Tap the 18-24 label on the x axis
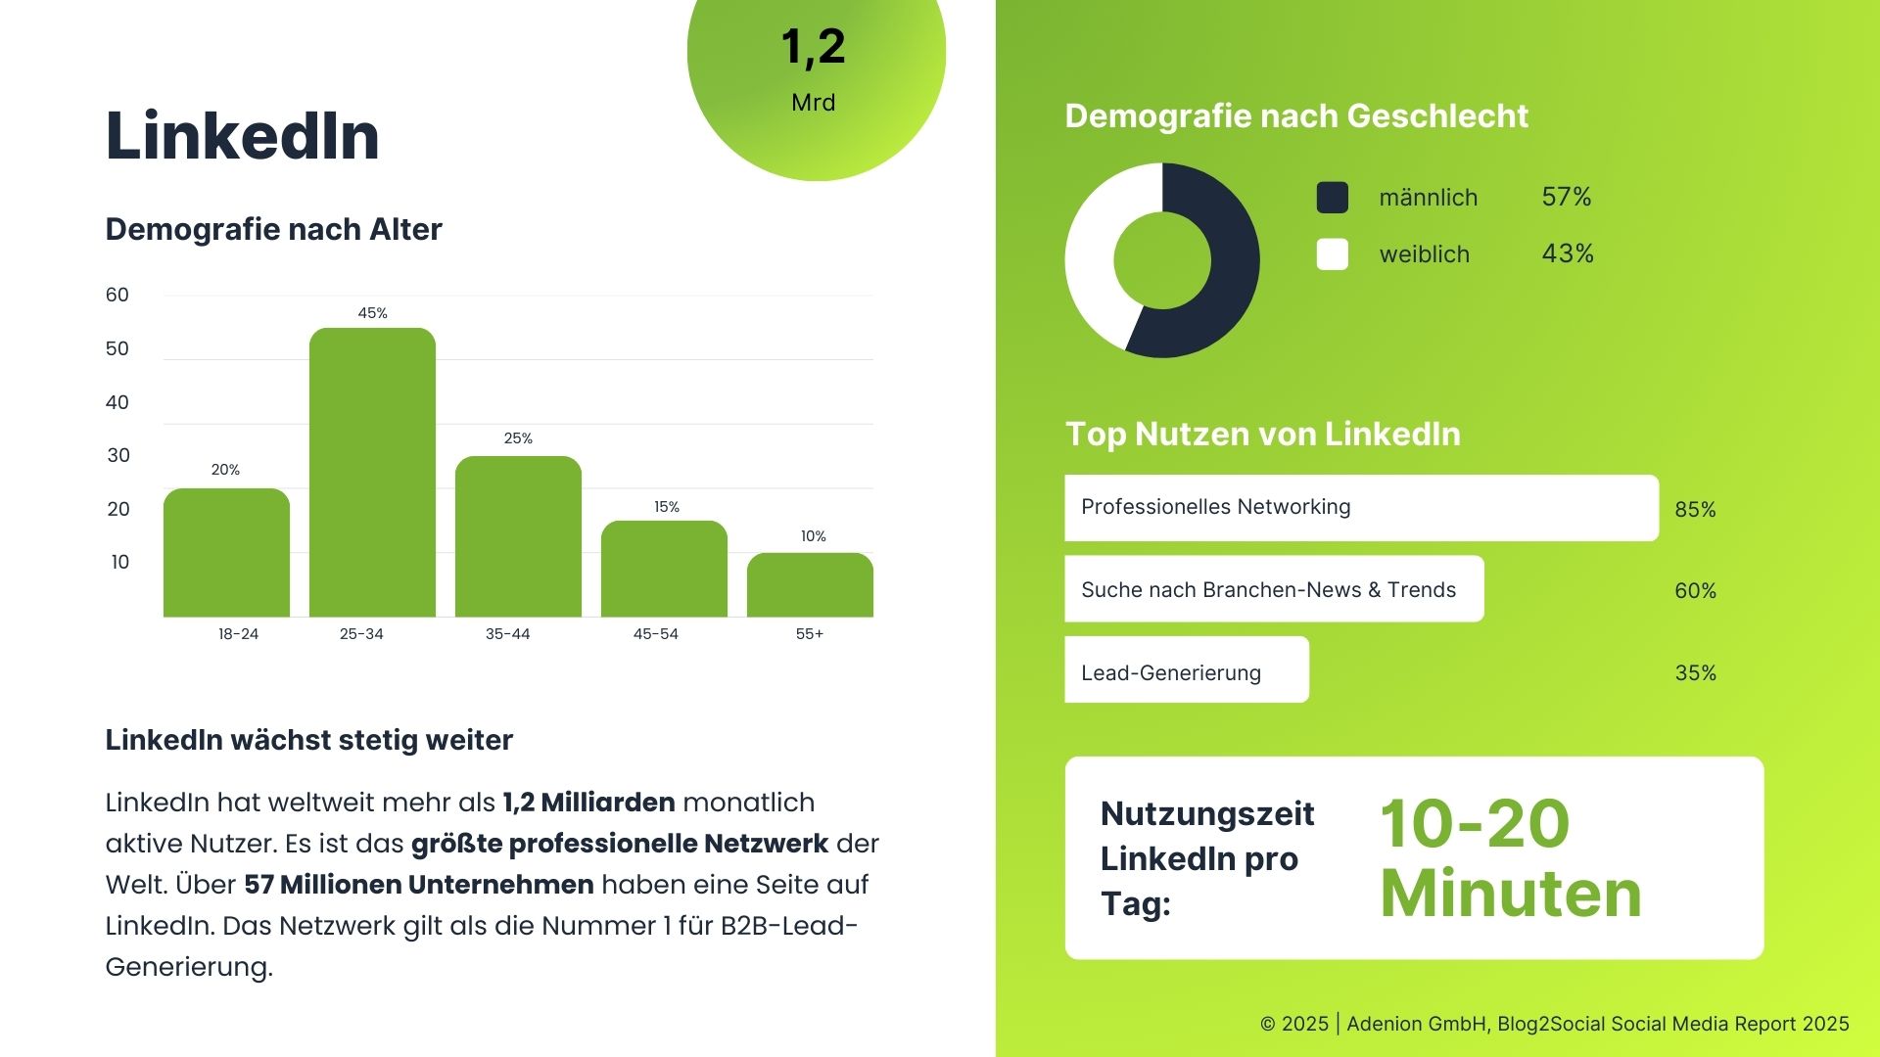point(238,634)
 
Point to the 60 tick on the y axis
point(117,295)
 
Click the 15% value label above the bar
point(667,507)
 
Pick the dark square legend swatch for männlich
point(1332,198)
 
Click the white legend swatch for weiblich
point(1332,254)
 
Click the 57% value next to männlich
point(1566,197)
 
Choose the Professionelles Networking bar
point(1361,508)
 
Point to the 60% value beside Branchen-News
point(1695,591)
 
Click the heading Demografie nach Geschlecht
point(1296,116)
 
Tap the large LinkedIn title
point(242,135)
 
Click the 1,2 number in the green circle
point(813,47)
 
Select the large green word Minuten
point(1510,895)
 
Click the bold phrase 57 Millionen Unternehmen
point(418,885)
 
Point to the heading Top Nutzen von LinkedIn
point(1262,434)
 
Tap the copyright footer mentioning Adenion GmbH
point(1554,1024)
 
